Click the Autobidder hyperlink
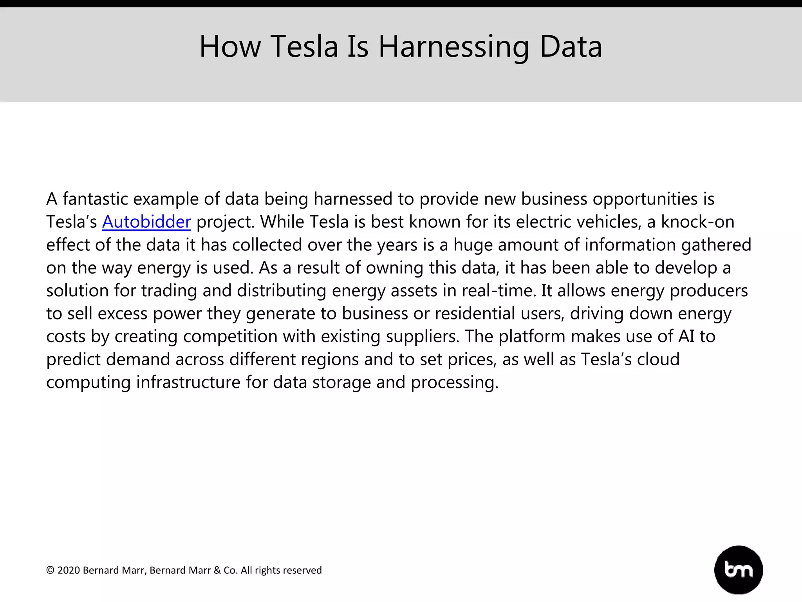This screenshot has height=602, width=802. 146,222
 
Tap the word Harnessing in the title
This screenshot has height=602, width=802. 453,47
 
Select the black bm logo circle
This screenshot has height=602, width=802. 739,569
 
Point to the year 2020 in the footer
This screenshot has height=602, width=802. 69,570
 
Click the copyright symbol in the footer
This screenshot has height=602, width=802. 50,570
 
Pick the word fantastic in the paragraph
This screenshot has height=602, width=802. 95,199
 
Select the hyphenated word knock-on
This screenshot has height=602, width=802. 697,222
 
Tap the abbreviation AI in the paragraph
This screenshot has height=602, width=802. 686,336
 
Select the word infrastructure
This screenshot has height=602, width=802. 188,382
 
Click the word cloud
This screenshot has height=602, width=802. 658,359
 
